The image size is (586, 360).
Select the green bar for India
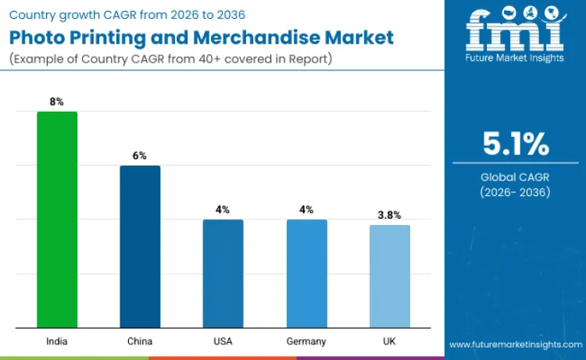point(57,219)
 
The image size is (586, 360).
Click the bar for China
point(140,247)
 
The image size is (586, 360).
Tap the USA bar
point(223,273)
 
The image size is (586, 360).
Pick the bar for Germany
point(306,273)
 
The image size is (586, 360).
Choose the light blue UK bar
point(389,276)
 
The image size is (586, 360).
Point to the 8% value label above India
point(57,102)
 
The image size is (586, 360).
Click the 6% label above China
point(140,155)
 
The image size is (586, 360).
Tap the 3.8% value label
point(389,215)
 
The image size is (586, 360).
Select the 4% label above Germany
point(306,209)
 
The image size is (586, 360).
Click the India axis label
point(57,341)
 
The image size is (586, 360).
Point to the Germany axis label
point(306,341)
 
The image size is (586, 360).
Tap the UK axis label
point(389,341)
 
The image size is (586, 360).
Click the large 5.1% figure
point(515,144)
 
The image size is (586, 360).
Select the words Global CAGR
point(515,177)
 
